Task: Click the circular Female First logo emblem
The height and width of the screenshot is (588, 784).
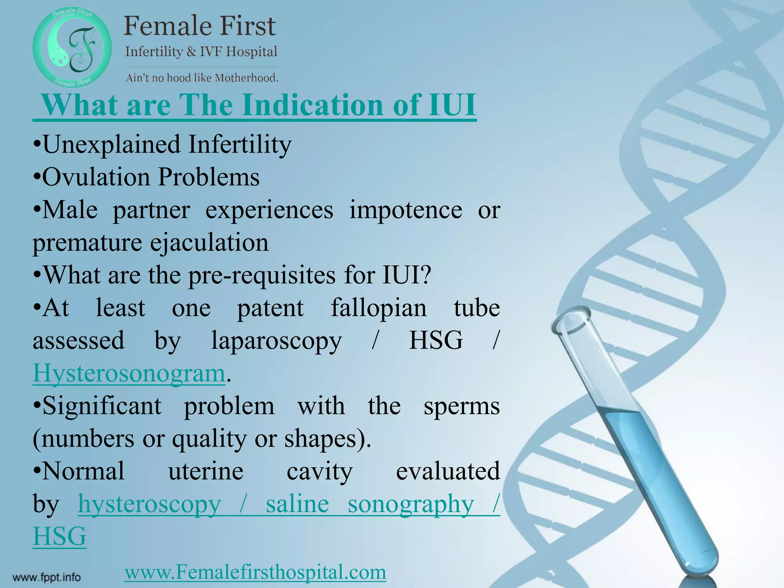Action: coord(72,48)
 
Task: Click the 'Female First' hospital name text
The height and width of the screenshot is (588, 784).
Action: coord(199,26)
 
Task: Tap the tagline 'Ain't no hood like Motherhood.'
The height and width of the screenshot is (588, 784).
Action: coord(202,78)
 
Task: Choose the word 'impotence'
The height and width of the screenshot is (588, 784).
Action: coord(406,211)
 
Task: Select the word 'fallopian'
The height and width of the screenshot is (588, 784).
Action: coord(378,309)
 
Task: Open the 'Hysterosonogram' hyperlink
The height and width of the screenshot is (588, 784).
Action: coord(129,373)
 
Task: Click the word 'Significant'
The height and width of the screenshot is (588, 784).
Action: coord(102,406)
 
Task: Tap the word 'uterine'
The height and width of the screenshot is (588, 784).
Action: coord(206,471)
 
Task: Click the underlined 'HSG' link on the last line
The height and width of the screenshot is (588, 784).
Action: coord(60,536)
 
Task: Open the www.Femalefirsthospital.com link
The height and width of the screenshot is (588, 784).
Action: coord(255,573)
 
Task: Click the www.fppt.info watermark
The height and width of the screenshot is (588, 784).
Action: coord(47,577)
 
